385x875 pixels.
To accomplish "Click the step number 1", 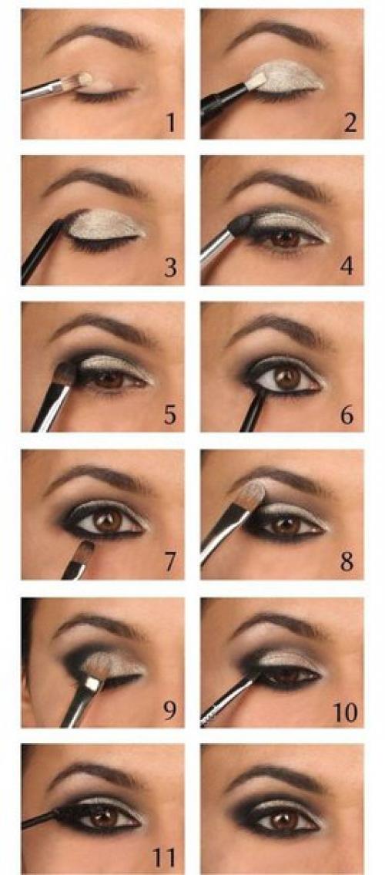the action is coord(171,123).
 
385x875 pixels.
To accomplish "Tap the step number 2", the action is coord(350,123).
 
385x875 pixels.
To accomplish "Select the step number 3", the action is coord(170,268).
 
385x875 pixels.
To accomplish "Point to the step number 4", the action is coord(347,266).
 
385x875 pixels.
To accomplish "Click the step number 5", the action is coord(170,415).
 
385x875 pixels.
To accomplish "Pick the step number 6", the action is coord(347,415).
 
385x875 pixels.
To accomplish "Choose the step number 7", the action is coord(170,563).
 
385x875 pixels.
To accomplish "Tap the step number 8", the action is coord(347,561).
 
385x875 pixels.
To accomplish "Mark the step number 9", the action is coord(170,709).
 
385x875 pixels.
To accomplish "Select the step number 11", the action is coord(165,857).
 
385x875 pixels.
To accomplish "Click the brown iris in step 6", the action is coord(287,379).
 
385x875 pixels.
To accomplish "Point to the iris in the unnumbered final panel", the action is coord(284,819).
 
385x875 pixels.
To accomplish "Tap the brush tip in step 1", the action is coord(82,80).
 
